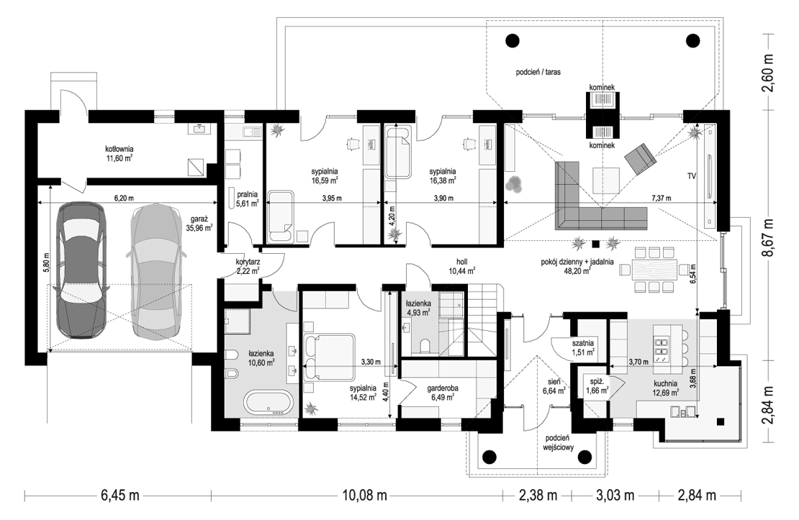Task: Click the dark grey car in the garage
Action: coord(81,270)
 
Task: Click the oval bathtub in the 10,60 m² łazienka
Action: coord(268,402)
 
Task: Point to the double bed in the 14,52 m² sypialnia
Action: coord(328,357)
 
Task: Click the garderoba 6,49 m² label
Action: coord(442,393)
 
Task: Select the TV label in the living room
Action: coord(692,176)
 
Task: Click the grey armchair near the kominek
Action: coord(641,158)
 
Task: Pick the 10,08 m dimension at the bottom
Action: coord(364,495)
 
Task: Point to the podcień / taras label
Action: coord(538,73)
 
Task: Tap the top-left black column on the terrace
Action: coord(513,40)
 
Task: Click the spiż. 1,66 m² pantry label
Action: coord(597,386)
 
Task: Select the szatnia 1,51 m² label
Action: coord(583,347)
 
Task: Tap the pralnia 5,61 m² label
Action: coord(247,199)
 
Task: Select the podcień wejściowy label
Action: coord(559,443)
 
